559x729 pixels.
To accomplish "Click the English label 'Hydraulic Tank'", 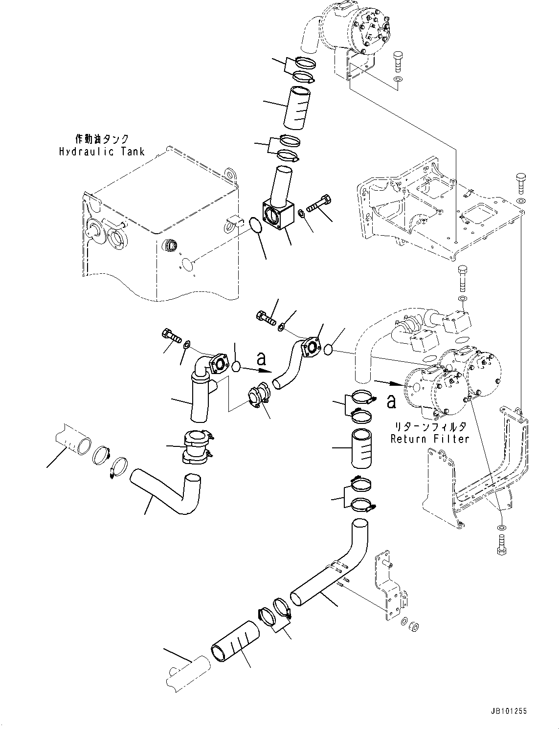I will tap(102, 152).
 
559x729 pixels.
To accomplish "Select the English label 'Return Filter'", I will tap(429, 439).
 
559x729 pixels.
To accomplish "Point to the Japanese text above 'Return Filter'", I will tap(429, 426).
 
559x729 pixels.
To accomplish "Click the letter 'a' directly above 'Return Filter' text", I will tap(391, 401).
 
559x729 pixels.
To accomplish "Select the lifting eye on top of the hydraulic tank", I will tap(230, 174).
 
